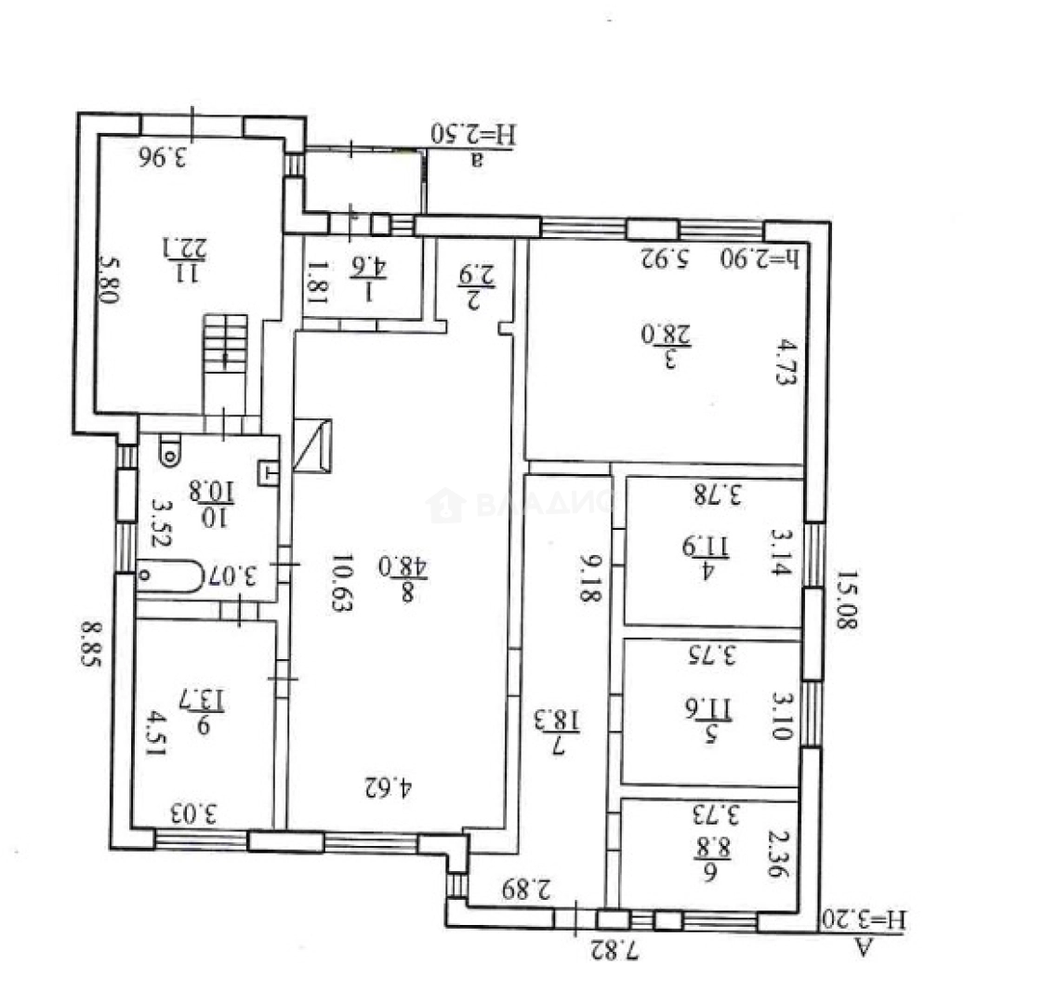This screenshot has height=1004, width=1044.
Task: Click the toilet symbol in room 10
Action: [169, 452]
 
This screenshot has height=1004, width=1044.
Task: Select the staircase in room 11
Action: [226, 345]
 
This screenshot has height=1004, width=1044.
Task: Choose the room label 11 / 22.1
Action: [177, 259]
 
